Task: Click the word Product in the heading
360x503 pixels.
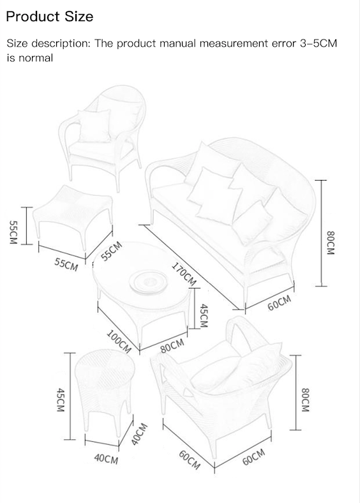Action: pos(33,17)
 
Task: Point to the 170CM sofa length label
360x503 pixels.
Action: pos(184,274)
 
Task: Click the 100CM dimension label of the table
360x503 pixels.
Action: pos(119,342)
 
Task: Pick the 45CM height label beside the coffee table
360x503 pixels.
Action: pos(204,316)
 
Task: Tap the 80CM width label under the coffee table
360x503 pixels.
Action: pos(172,346)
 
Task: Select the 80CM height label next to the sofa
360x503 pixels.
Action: pos(331,243)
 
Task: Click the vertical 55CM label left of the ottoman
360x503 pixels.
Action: pos(13,232)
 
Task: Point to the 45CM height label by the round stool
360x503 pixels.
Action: pos(61,400)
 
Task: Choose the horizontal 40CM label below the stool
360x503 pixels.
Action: pos(106,459)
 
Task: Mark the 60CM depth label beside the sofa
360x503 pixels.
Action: pos(280,303)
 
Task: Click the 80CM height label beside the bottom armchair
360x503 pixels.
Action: pos(305,400)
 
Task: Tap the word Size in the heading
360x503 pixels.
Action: pos(79,17)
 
